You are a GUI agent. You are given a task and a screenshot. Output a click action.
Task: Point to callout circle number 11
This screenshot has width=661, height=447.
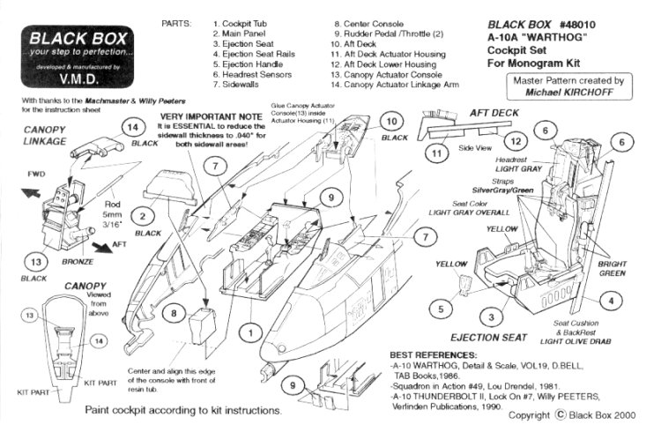(435, 153)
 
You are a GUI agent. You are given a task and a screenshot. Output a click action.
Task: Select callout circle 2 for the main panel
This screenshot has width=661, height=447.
(140, 214)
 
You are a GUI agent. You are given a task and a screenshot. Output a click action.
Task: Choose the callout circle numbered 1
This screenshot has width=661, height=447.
(253, 332)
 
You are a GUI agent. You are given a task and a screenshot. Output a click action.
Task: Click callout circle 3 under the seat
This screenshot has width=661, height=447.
(485, 317)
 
